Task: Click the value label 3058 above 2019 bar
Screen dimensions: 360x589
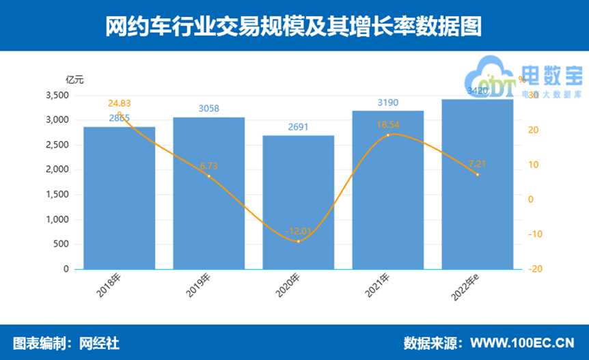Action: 209,109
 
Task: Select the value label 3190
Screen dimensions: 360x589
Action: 387,102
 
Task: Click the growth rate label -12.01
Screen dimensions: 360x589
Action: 299,232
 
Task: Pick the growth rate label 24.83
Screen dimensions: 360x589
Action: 120,104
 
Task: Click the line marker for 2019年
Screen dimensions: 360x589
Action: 209,176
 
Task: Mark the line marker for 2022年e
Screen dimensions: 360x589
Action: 477,174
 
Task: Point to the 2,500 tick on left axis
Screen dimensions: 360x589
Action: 57,145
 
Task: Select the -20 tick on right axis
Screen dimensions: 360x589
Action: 535,269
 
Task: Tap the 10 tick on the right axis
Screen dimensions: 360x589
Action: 534,165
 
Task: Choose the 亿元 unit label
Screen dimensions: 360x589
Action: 74,79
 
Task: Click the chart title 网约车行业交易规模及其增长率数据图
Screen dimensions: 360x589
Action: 294,26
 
